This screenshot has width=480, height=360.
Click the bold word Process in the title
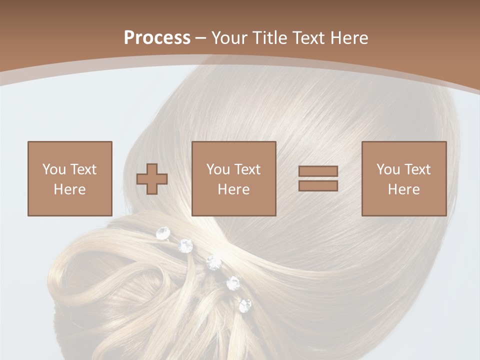click(x=157, y=38)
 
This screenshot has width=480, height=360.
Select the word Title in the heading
click(x=269, y=38)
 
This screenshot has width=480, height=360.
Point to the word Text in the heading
click(x=308, y=38)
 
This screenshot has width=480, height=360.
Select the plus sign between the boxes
click(x=152, y=178)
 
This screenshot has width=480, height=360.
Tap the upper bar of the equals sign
click(x=318, y=171)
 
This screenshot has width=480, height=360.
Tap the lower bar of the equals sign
click(x=318, y=185)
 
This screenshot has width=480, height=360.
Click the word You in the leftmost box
click(x=53, y=169)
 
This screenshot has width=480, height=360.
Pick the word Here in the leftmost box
click(x=69, y=189)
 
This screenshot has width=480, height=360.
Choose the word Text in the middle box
click(x=247, y=169)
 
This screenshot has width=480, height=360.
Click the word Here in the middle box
click(x=233, y=189)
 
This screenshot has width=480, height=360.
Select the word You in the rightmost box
click(x=387, y=169)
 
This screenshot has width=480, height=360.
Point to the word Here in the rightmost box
click(x=403, y=189)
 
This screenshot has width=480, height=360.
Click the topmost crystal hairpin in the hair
click(x=163, y=232)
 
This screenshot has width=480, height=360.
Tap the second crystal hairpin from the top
click(x=185, y=245)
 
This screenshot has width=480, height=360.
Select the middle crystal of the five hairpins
click(x=213, y=262)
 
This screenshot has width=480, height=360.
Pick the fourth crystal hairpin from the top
click(x=233, y=283)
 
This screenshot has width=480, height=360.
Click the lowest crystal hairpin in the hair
click(x=245, y=305)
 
